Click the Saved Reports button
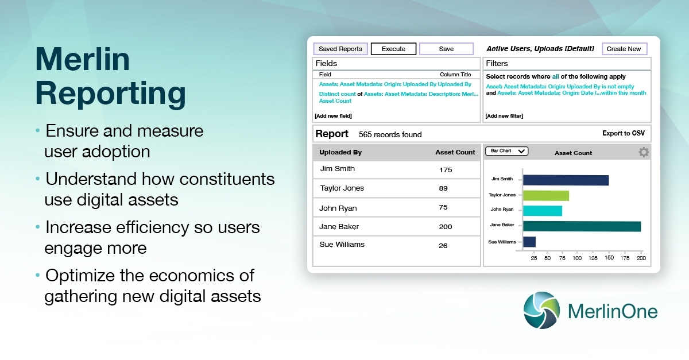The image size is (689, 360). [340, 49]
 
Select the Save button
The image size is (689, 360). [446, 49]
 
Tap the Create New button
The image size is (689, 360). [624, 49]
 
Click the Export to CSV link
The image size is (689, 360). [623, 133]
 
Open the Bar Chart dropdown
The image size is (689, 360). [506, 151]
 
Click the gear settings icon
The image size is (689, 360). [644, 152]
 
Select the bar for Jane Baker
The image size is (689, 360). [582, 226]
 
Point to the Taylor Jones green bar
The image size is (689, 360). [545, 196]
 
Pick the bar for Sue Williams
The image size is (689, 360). [529, 242]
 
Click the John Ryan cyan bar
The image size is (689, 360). [542, 211]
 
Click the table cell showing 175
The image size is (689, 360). [446, 170]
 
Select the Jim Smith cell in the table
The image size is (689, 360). [337, 169]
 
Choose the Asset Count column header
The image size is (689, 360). [455, 152]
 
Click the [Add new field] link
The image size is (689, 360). [333, 116]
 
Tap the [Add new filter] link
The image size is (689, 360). [504, 116]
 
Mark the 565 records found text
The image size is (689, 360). [390, 134]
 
